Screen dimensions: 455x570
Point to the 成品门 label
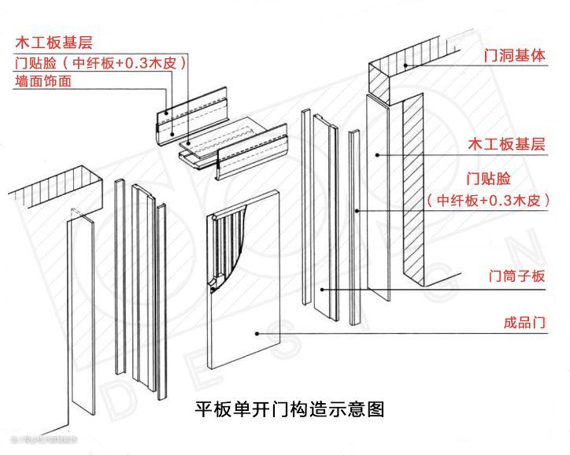(524, 323)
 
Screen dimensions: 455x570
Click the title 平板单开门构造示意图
(289, 409)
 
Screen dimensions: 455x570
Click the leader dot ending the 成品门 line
(257, 334)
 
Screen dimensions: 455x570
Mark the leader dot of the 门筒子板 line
(322, 290)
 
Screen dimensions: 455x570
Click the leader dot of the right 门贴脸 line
(357, 211)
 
